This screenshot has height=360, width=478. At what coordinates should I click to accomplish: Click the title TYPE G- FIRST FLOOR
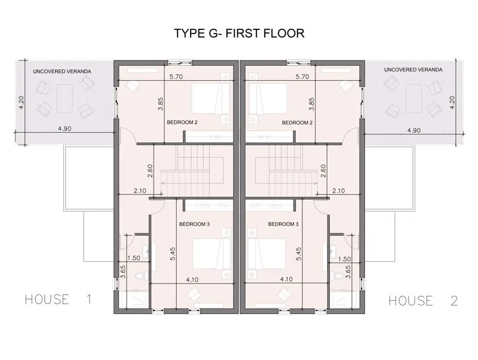(239, 33)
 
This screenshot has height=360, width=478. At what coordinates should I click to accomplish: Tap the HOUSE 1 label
(58, 299)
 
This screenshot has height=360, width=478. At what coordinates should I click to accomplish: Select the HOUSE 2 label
(423, 301)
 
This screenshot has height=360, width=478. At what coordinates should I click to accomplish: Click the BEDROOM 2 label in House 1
(182, 123)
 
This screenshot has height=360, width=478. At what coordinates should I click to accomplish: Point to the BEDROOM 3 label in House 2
(283, 224)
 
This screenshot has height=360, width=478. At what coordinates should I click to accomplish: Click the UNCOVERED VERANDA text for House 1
(62, 71)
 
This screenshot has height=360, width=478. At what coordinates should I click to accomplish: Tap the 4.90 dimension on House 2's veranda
(413, 130)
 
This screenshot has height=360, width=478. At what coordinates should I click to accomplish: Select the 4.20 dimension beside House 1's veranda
(21, 102)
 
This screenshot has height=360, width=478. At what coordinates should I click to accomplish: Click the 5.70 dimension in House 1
(176, 77)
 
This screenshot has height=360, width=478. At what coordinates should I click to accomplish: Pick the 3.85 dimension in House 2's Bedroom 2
(311, 104)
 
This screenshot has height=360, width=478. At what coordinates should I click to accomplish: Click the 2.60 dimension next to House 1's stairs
(150, 171)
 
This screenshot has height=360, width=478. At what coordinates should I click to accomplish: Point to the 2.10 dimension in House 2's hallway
(338, 191)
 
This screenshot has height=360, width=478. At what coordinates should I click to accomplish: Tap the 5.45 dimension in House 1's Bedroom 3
(173, 254)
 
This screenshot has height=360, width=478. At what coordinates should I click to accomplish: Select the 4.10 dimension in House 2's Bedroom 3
(286, 279)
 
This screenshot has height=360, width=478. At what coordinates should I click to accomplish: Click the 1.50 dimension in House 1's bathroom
(133, 258)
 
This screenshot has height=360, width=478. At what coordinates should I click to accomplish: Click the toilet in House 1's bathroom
(141, 276)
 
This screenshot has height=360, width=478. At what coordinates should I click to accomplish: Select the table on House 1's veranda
(65, 99)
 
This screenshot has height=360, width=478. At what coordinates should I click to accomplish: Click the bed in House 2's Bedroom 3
(266, 254)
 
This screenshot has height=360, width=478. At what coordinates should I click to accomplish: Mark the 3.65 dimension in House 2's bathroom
(348, 271)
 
